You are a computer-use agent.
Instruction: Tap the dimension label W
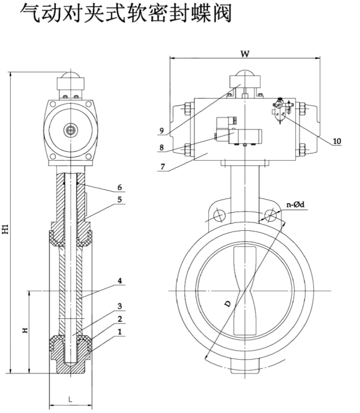point(244,53)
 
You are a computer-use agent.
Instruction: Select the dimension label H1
point(5,228)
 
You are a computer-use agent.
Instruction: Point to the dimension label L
point(70,399)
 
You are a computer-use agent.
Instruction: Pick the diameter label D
point(228,305)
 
